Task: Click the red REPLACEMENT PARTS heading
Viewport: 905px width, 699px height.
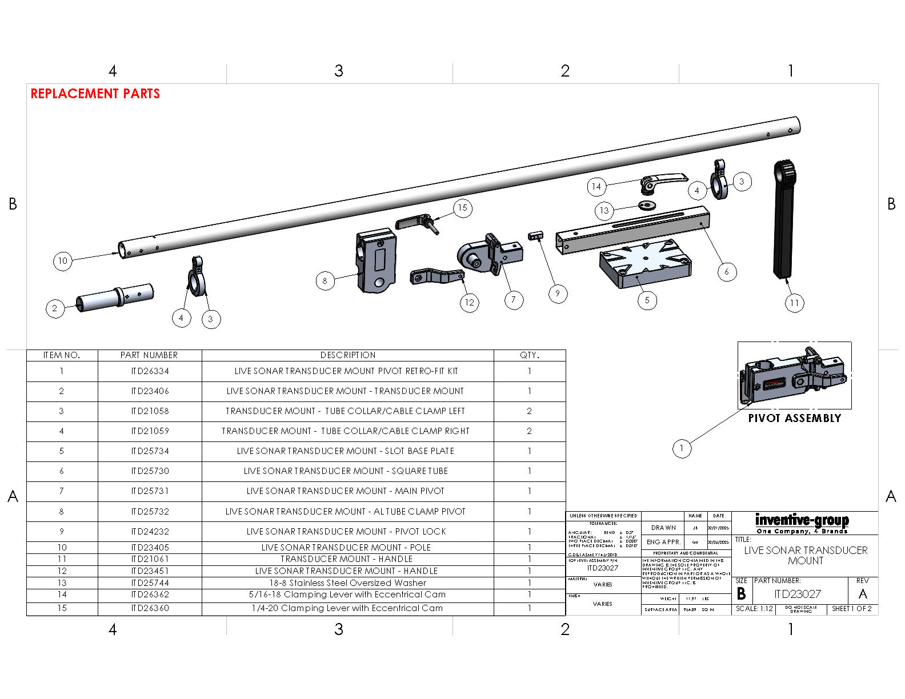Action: pos(95,94)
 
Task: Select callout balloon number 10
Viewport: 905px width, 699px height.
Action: pos(62,261)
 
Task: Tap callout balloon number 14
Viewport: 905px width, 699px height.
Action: pos(596,186)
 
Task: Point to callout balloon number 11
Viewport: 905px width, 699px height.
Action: pos(794,303)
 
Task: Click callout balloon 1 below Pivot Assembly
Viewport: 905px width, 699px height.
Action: pos(681,448)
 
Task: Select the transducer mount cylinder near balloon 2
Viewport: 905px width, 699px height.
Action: pos(114,298)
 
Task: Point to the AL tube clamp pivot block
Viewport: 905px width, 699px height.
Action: pos(375,260)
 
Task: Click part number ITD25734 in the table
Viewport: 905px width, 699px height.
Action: pos(150,451)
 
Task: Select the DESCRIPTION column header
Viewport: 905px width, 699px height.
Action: pos(347,355)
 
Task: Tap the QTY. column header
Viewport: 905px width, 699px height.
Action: pos(529,355)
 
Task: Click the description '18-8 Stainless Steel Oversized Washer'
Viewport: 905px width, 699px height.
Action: pos(347,583)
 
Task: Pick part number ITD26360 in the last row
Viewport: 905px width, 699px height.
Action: pos(150,608)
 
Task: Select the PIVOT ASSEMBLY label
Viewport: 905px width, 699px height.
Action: pos(794,418)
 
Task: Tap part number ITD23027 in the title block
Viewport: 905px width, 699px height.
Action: pos(797,594)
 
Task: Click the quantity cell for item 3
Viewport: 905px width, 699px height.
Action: pos(529,411)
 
